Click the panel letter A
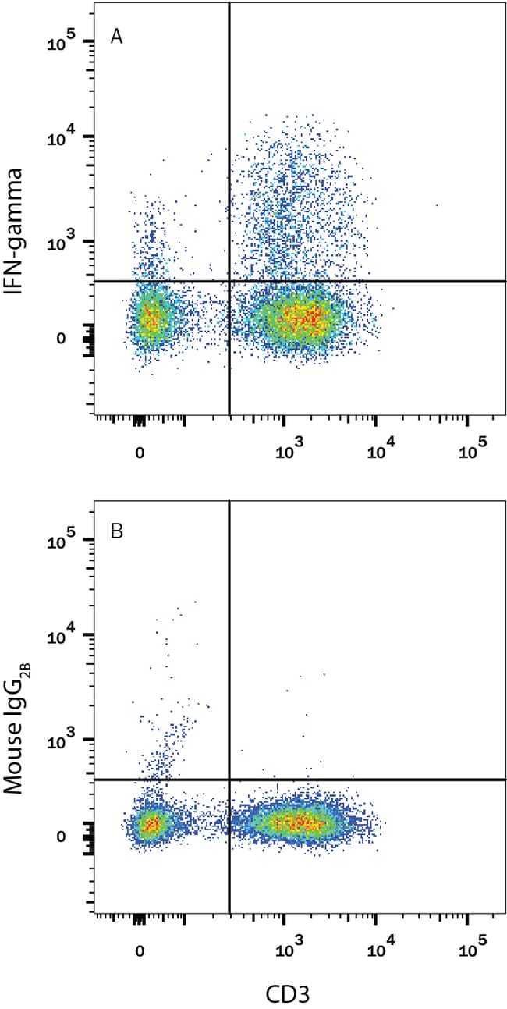[116, 37]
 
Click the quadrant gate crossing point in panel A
[229, 281]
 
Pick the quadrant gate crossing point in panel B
[229, 779]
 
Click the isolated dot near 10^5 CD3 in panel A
[437, 205]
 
